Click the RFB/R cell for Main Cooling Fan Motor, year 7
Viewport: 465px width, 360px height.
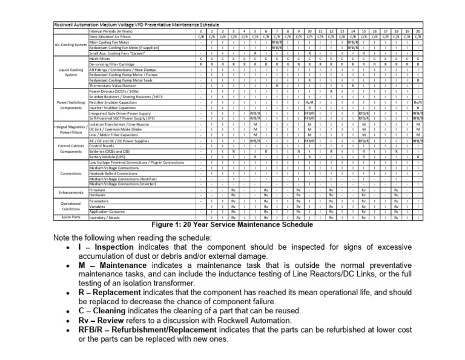(277, 41)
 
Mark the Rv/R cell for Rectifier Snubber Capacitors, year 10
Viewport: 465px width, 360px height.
(309, 102)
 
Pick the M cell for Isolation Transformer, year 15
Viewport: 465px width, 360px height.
(363, 124)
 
